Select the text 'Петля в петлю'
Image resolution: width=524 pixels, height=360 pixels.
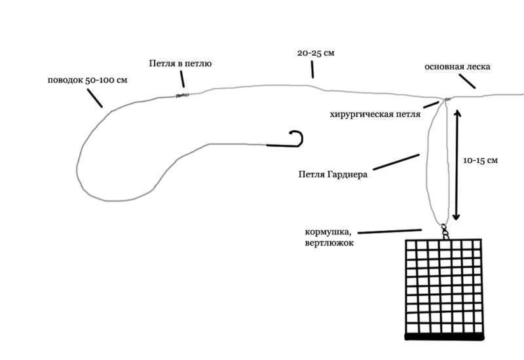(x=180, y=63)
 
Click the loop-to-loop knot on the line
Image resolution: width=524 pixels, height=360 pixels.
(x=183, y=96)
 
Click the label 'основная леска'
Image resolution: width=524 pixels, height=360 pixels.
(x=457, y=67)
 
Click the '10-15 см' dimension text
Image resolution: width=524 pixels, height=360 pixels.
(x=479, y=160)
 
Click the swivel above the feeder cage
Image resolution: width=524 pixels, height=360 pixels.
(x=445, y=230)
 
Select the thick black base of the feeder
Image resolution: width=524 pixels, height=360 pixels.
(x=445, y=336)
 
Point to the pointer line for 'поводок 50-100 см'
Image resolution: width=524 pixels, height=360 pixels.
(x=94, y=99)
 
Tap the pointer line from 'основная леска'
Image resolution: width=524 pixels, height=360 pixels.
(x=466, y=81)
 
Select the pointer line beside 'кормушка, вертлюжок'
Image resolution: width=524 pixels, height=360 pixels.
(x=389, y=231)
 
